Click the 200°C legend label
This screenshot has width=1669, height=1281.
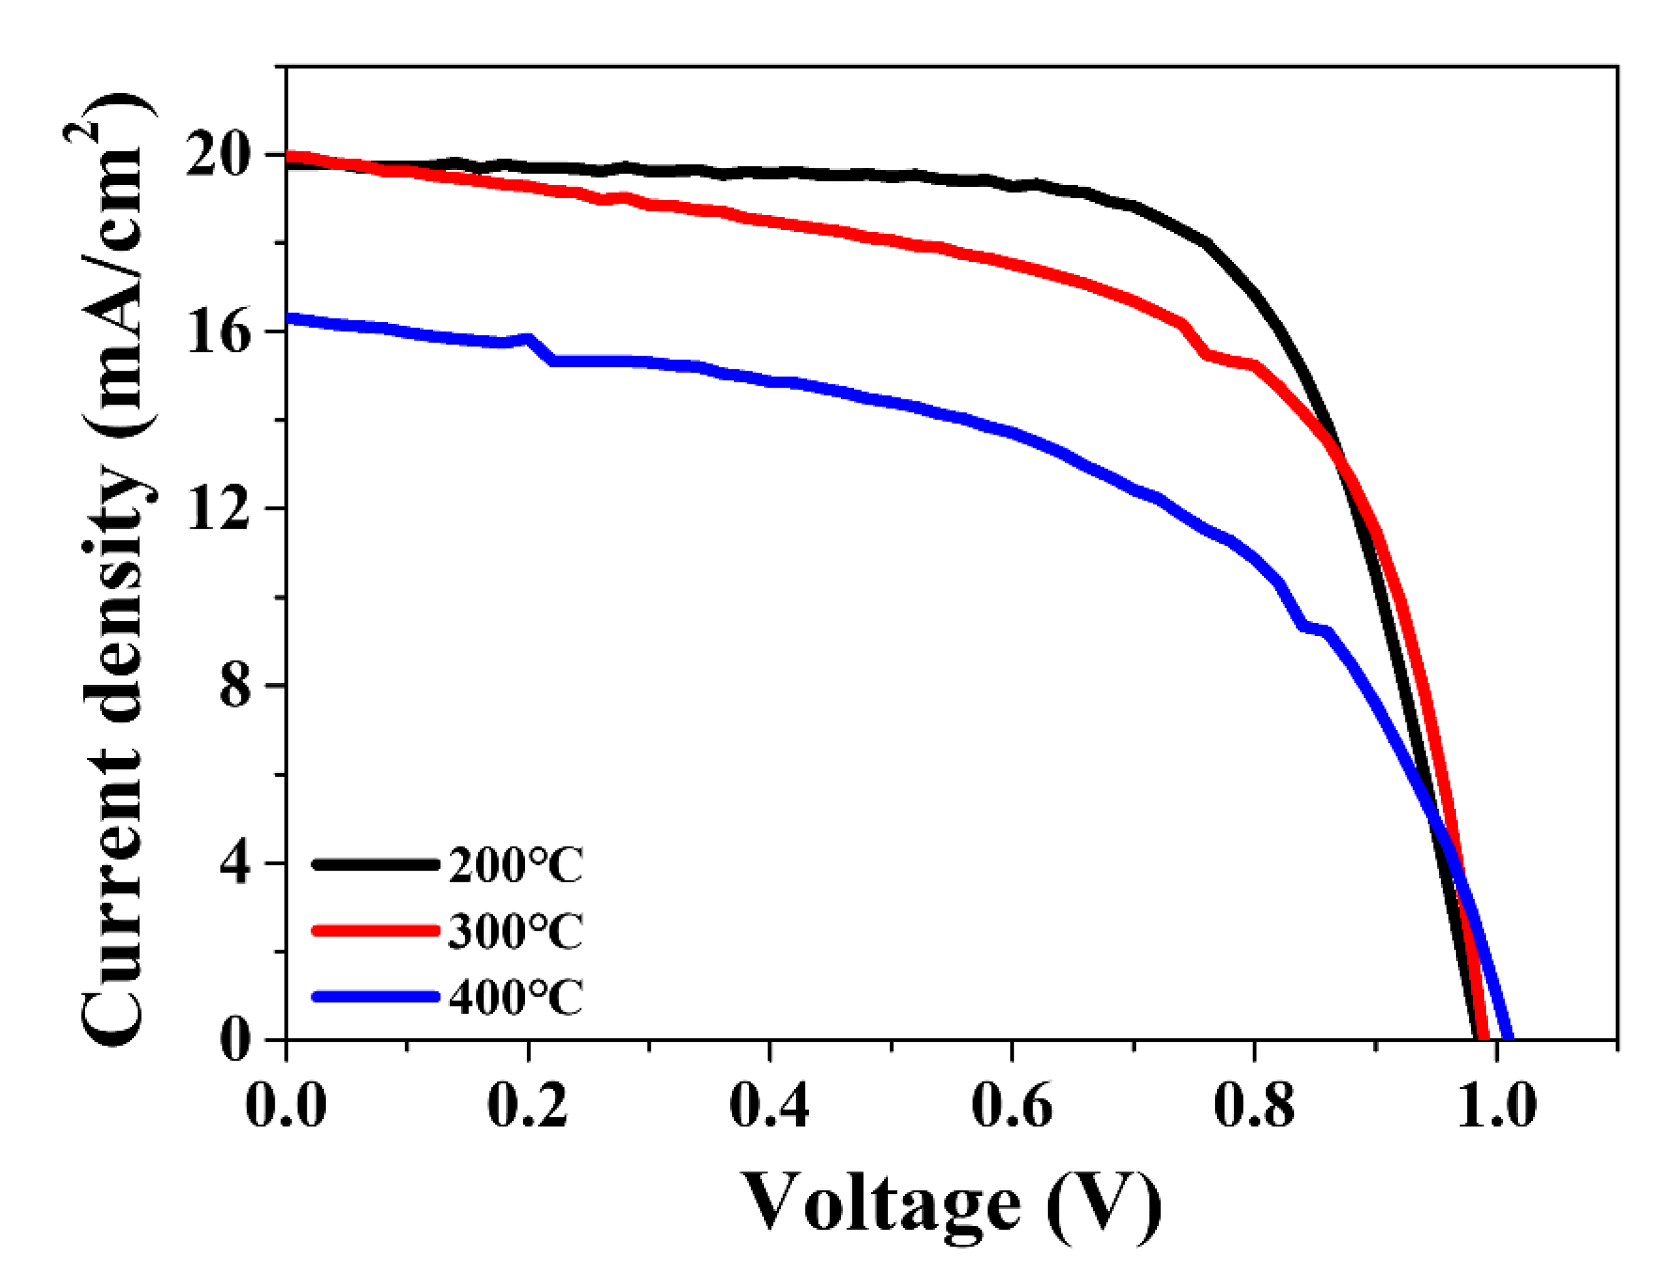[x=515, y=865]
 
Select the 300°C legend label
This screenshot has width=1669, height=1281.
[x=515, y=931]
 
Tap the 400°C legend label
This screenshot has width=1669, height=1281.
[x=515, y=997]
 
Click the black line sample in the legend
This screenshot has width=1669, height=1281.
[x=375, y=864]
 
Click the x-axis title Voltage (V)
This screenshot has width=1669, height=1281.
[x=950, y=1205]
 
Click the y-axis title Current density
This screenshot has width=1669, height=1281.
[x=114, y=572]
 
